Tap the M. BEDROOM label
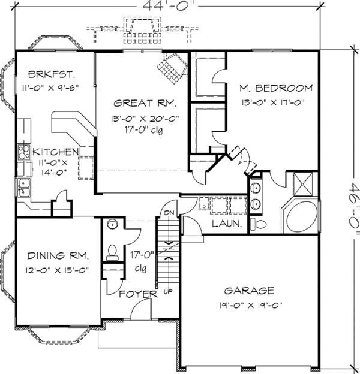276,88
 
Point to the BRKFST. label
51,74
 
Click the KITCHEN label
55,152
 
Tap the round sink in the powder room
112,225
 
